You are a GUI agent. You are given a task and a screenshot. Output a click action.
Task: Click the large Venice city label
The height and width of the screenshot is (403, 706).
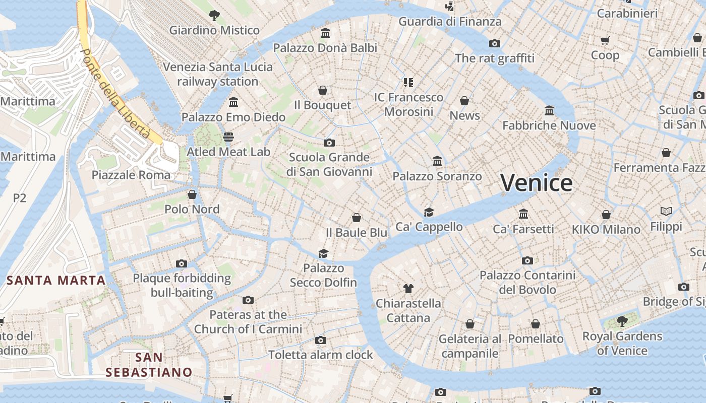[537, 182]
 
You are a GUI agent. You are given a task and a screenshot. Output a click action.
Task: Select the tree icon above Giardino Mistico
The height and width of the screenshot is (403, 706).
[214, 15]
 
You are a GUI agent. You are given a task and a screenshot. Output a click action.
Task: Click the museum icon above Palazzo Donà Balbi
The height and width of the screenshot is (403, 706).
[325, 33]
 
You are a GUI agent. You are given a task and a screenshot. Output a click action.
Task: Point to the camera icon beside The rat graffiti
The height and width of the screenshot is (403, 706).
[495, 43]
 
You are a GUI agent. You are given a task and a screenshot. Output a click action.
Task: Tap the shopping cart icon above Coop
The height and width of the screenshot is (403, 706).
[605, 40]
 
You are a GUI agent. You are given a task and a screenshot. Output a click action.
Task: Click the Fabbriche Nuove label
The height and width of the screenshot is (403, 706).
[549, 125]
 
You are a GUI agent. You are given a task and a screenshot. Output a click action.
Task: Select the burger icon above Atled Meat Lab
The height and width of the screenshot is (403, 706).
[228, 137]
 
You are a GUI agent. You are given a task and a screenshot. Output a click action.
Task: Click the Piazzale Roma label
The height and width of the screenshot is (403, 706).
[131, 175]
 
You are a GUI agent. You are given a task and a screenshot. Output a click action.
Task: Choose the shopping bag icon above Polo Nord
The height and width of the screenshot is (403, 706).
[192, 194]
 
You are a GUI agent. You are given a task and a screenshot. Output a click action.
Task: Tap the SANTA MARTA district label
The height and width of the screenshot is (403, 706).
[56, 281]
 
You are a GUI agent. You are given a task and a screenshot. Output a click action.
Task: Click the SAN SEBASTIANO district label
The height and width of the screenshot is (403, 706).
[149, 365]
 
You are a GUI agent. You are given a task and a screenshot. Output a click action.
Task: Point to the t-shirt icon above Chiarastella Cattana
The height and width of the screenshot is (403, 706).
[408, 288]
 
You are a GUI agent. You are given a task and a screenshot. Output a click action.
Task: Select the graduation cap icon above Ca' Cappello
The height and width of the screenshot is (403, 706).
[429, 212]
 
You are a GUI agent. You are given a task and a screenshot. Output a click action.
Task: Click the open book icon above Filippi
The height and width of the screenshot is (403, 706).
[666, 212]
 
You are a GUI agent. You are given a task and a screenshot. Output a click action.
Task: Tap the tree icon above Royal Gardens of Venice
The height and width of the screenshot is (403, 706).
[622, 321]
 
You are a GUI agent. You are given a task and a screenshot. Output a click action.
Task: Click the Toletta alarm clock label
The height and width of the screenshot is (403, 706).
[321, 355]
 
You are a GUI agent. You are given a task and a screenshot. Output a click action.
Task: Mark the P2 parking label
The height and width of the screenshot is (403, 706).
[20, 198]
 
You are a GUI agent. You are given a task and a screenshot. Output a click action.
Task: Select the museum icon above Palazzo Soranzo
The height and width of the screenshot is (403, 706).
[437, 161]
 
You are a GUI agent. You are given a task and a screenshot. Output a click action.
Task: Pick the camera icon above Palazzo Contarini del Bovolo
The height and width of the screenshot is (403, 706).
[527, 260]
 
